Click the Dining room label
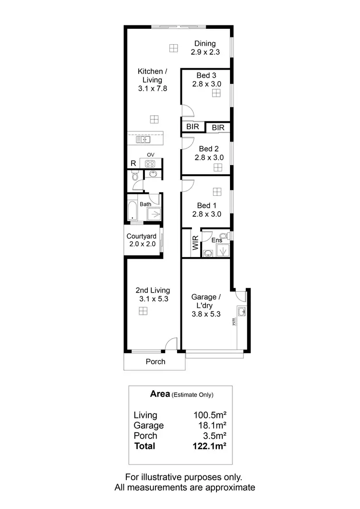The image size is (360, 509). click(205, 44)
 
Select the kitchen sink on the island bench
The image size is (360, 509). click(143, 140)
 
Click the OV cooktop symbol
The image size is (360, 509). click(151, 164)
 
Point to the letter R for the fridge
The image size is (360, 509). click(133, 164)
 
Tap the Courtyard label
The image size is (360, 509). click(141, 236)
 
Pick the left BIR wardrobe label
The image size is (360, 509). click(193, 128)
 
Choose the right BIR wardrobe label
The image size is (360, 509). click(218, 128)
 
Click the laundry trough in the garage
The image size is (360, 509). click(242, 312)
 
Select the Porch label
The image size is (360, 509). click(156, 362)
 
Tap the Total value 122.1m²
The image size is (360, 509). click(209, 446)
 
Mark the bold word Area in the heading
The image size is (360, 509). click(160, 394)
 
